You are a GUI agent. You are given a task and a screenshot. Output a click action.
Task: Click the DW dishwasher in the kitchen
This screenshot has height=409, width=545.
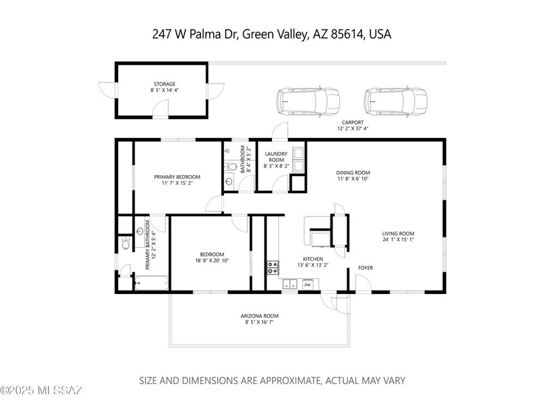(307, 285)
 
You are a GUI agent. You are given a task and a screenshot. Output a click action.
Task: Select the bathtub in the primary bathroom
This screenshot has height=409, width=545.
(152, 283)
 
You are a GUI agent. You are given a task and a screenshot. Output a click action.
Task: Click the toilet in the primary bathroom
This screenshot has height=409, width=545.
(125, 243)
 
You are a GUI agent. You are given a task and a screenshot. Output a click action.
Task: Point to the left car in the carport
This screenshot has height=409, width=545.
(308, 101)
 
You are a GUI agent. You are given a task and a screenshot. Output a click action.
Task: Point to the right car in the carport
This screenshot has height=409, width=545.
(396, 101)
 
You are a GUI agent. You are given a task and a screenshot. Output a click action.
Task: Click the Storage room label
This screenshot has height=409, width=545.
(165, 84)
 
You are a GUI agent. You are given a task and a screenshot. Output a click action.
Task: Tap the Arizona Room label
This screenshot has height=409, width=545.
(259, 316)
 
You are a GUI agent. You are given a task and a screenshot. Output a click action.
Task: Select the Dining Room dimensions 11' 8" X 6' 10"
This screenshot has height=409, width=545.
(353, 179)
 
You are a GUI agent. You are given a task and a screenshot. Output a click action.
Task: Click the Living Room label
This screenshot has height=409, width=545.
(398, 234)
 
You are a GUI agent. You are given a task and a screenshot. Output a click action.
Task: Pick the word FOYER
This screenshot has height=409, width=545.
(366, 268)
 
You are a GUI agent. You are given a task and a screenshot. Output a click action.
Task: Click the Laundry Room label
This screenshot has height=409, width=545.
(276, 157)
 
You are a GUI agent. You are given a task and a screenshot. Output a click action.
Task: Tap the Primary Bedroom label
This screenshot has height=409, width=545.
(177, 177)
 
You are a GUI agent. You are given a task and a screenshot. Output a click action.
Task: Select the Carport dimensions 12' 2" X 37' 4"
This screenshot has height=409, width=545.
(353, 128)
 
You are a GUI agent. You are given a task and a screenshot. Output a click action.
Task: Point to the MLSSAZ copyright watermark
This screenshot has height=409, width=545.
(41, 390)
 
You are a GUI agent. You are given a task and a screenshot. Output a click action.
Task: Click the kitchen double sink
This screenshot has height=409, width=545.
(289, 285)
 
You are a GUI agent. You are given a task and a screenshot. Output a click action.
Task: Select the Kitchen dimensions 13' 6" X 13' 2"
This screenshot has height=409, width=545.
(313, 265)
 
